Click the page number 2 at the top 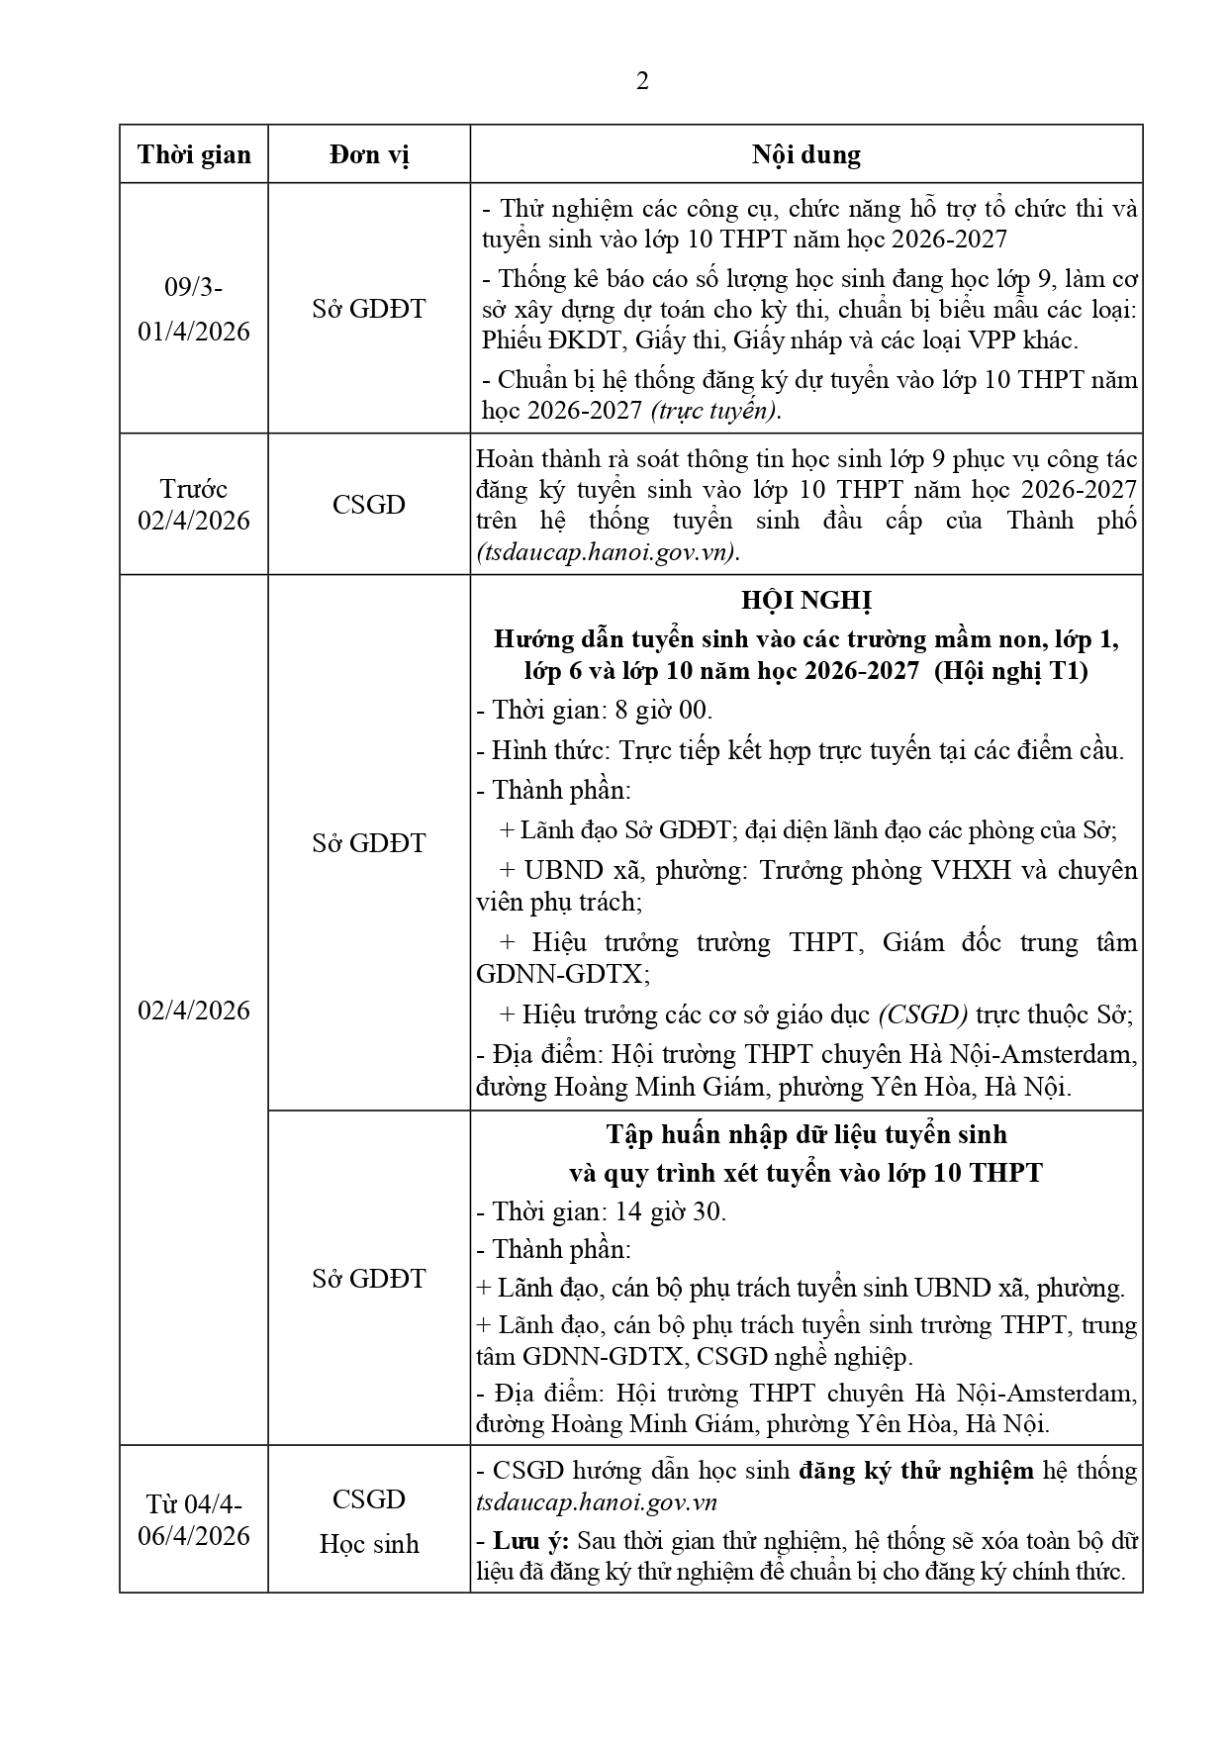642,81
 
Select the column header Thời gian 194,154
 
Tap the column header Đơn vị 369,154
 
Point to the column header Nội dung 805,154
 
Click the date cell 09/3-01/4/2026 194,309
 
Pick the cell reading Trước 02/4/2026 194,505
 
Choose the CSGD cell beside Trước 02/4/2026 369,505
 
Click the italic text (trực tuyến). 715,411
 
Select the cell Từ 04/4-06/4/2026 194,1520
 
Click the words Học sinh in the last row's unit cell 369,1544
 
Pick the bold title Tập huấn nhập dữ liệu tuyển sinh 805,1134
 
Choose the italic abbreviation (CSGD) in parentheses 923,1014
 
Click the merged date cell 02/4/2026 194,1011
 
